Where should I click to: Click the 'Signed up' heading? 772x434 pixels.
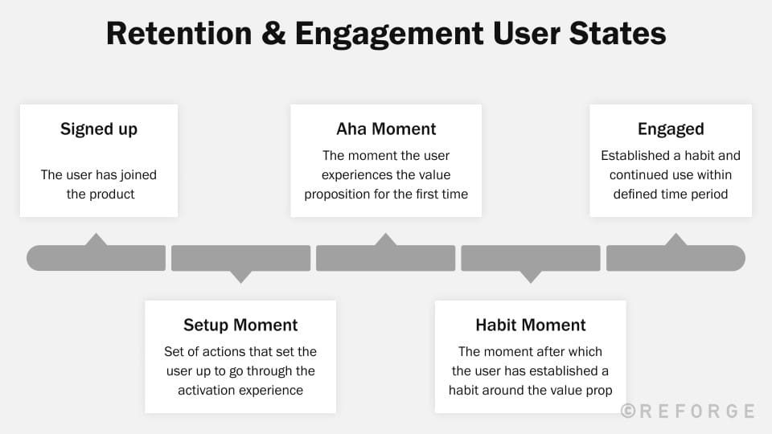(99, 129)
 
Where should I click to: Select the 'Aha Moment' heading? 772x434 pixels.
(386, 129)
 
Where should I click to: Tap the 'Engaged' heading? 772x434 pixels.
(671, 129)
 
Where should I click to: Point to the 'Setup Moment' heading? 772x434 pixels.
(240, 325)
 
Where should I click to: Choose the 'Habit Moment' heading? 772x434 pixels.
(530, 325)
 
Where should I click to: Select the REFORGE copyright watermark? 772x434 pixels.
(688, 411)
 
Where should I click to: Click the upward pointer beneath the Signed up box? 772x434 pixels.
(96, 240)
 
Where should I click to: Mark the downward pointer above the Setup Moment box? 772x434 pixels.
(240, 276)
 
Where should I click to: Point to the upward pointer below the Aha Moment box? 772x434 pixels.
(386, 240)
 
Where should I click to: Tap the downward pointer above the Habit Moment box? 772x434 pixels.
(530, 276)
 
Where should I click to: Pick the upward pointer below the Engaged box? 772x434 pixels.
(675, 240)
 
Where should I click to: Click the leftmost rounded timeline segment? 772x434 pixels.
(96, 259)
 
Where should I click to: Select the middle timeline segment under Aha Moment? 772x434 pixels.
(386, 259)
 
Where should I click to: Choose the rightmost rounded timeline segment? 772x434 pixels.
(675, 259)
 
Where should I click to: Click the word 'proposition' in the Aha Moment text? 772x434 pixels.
(358, 194)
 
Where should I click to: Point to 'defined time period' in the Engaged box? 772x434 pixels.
(671, 194)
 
